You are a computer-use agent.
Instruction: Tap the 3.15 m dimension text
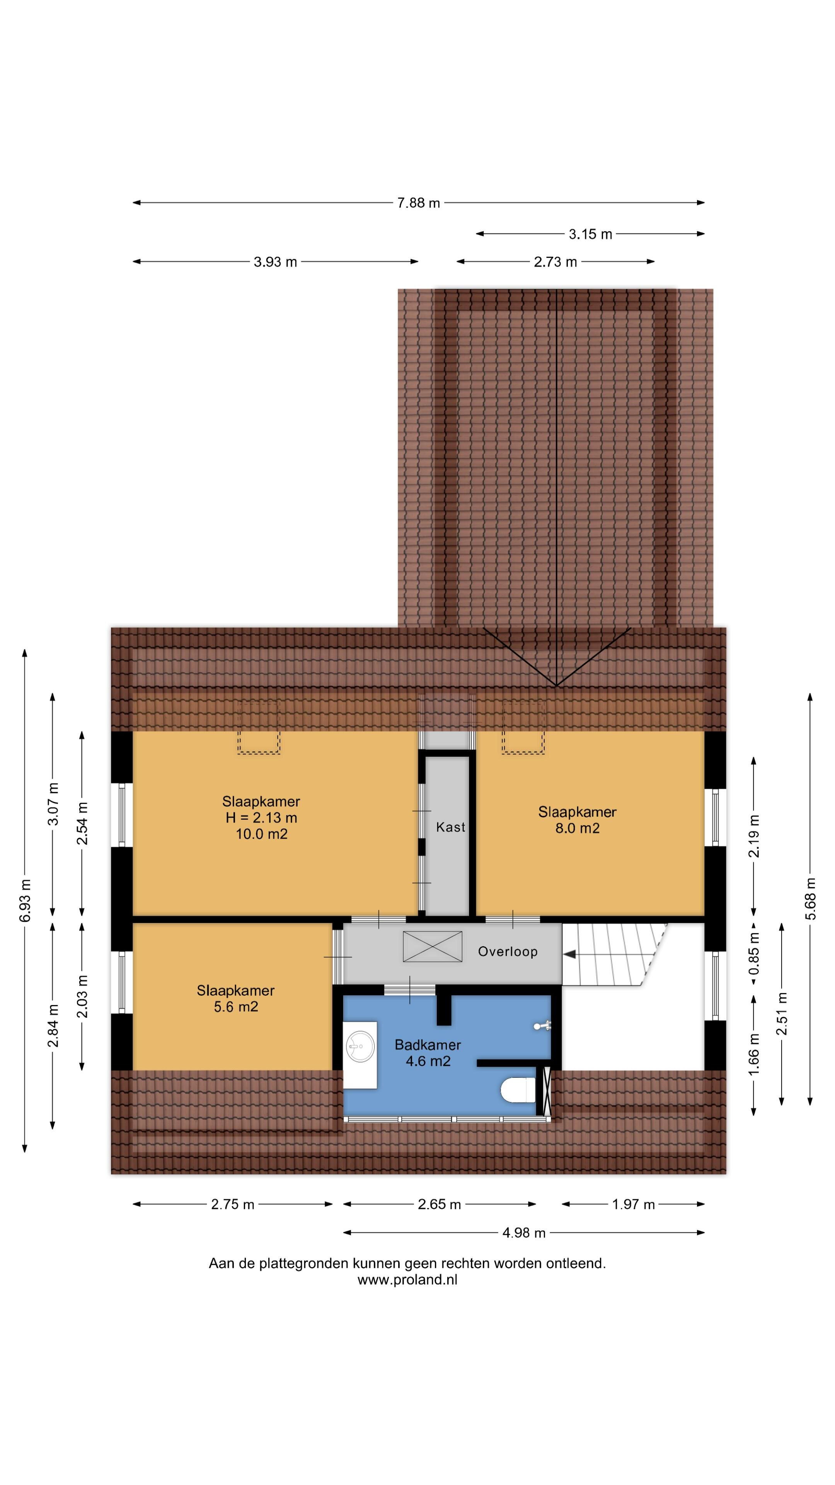[590, 234]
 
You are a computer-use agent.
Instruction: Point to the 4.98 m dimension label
[523, 1232]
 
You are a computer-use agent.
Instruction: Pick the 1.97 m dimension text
[633, 1204]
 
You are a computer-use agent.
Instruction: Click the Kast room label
[450, 827]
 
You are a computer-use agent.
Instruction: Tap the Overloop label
[508, 952]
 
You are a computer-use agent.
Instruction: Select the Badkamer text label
[428, 1045]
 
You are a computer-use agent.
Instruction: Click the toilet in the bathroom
[518, 1089]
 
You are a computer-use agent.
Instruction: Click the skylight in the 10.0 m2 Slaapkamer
[259, 727]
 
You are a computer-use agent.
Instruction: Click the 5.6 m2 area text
[236, 1007]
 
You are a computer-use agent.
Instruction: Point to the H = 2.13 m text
[261, 818]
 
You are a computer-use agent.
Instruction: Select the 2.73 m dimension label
[555, 262]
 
